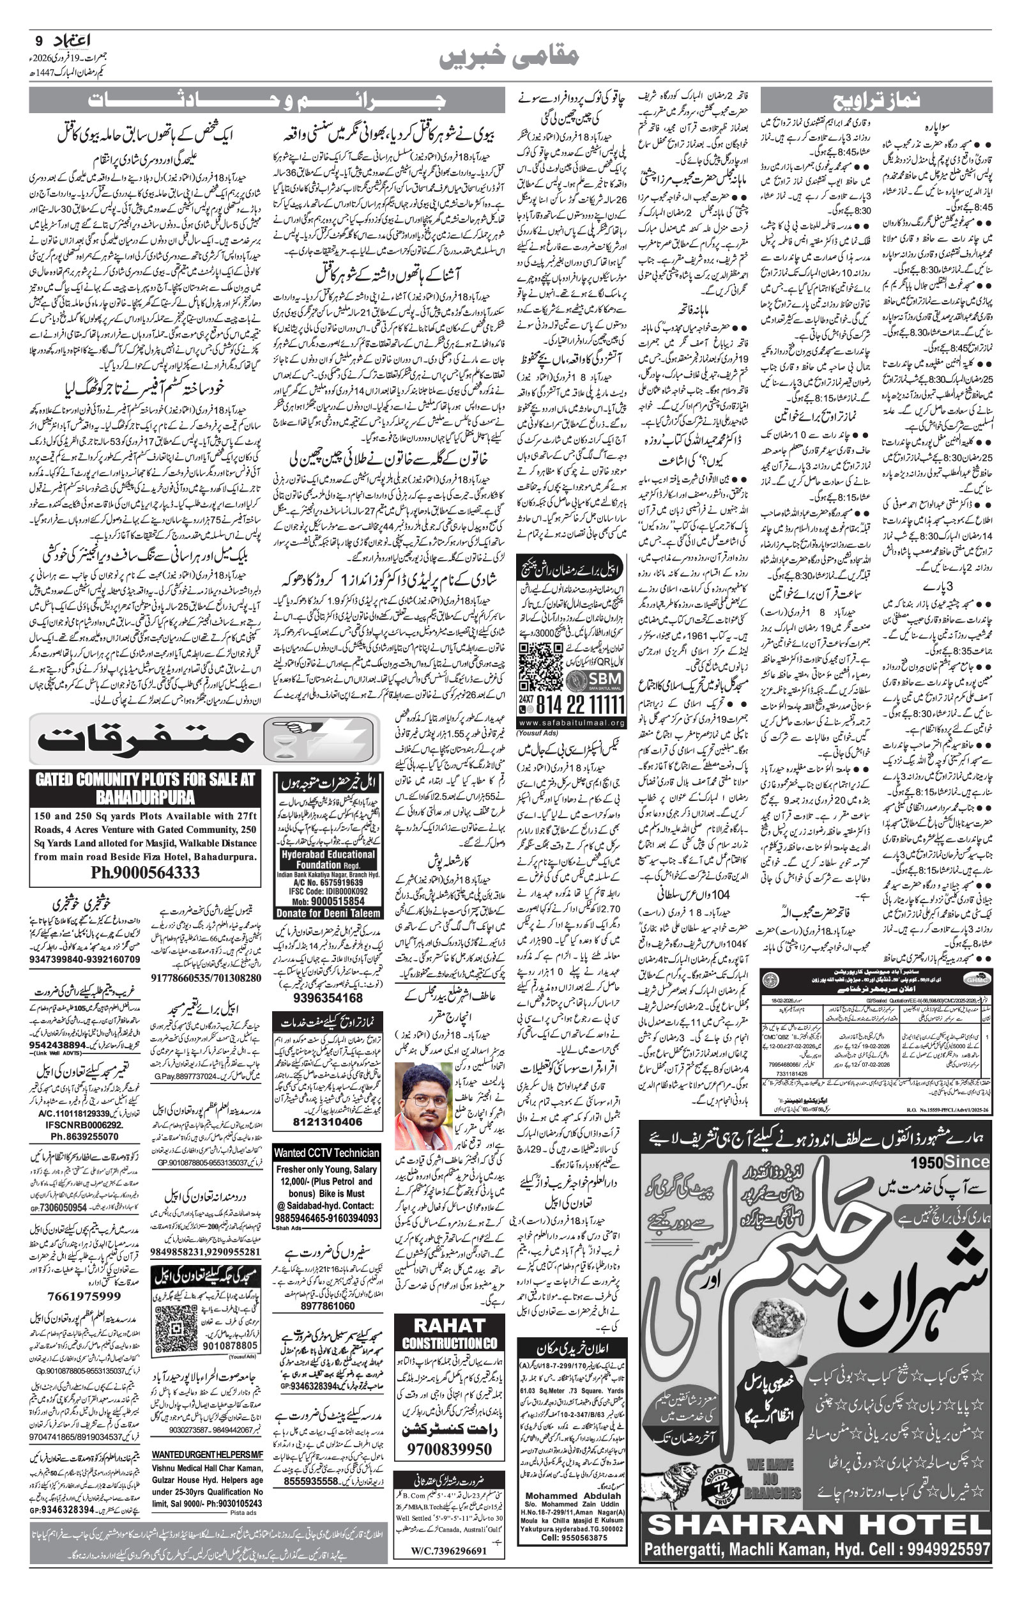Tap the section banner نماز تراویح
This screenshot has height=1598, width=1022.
click(876, 100)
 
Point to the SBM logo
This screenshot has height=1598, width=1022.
click(594, 678)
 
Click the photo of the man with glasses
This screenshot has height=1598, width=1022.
click(423, 1106)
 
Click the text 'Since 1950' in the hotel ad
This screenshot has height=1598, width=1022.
click(949, 1162)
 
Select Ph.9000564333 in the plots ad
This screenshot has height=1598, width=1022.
click(146, 872)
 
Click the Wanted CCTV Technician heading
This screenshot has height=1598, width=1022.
click(326, 1153)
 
